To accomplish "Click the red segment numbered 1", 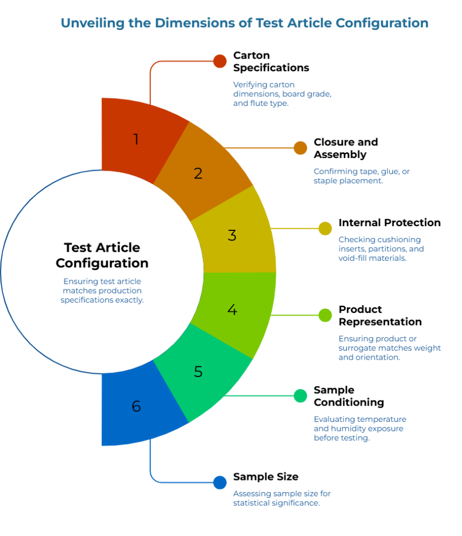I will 136,140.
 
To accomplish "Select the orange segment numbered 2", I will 198,173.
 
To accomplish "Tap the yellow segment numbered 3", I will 232,235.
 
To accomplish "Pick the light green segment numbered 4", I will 232,310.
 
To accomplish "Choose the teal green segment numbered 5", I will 198,372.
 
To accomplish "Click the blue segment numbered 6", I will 136,406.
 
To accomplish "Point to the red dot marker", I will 220,61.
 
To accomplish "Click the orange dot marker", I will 300,148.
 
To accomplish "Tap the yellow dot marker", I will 325,229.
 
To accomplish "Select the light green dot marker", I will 325,315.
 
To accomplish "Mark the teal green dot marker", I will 300,396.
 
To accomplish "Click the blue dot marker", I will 220,483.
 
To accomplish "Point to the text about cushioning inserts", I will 381,249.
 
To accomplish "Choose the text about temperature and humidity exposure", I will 360,429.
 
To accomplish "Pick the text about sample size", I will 281,498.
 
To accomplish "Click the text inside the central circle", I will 102,291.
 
